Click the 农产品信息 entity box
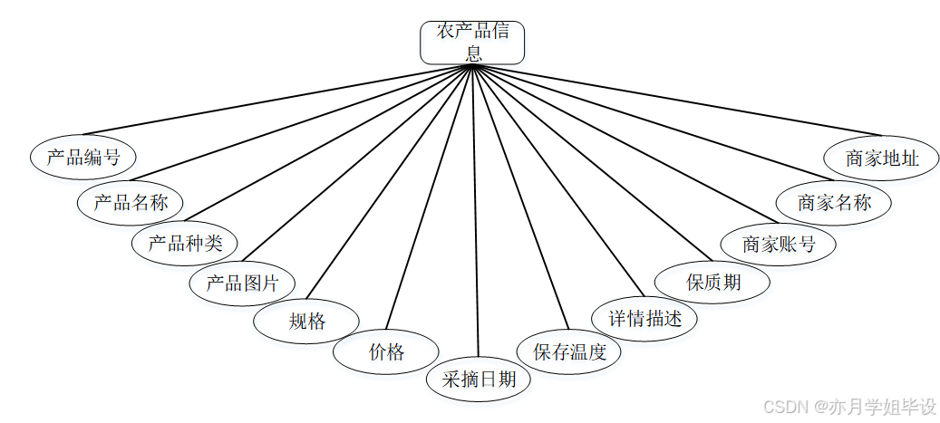(x=471, y=43)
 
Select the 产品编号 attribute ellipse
(x=82, y=157)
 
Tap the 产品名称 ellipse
(x=131, y=201)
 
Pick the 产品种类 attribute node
(x=185, y=243)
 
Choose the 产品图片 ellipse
(x=242, y=283)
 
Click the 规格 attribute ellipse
(x=306, y=321)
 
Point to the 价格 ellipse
(x=386, y=352)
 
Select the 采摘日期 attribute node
(x=479, y=379)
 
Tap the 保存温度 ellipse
(x=568, y=352)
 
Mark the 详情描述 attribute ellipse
(x=644, y=319)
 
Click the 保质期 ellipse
(x=712, y=282)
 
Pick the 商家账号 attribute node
(x=777, y=244)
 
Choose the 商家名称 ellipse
(x=834, y=202)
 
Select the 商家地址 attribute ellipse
(x=881, y=159)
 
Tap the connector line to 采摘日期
(x=474, y=217)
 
